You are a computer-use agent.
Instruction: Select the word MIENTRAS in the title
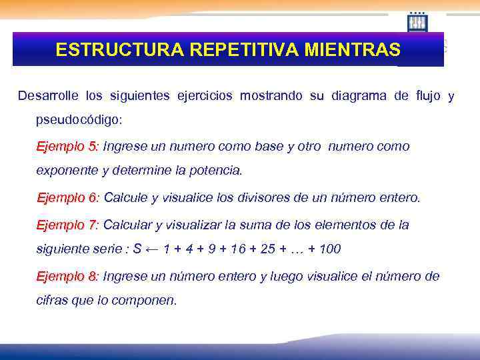(x=351, y=50)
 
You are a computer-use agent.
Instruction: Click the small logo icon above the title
(x=417, y=22)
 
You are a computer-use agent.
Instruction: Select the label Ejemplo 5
(x=67, y=146)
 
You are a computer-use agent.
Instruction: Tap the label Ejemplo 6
(x=67, y=198)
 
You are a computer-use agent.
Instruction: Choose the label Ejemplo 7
(x=67, y=225)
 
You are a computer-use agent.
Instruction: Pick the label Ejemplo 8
(x=67, y=276)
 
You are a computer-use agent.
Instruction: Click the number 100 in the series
(x=329, y=249)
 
